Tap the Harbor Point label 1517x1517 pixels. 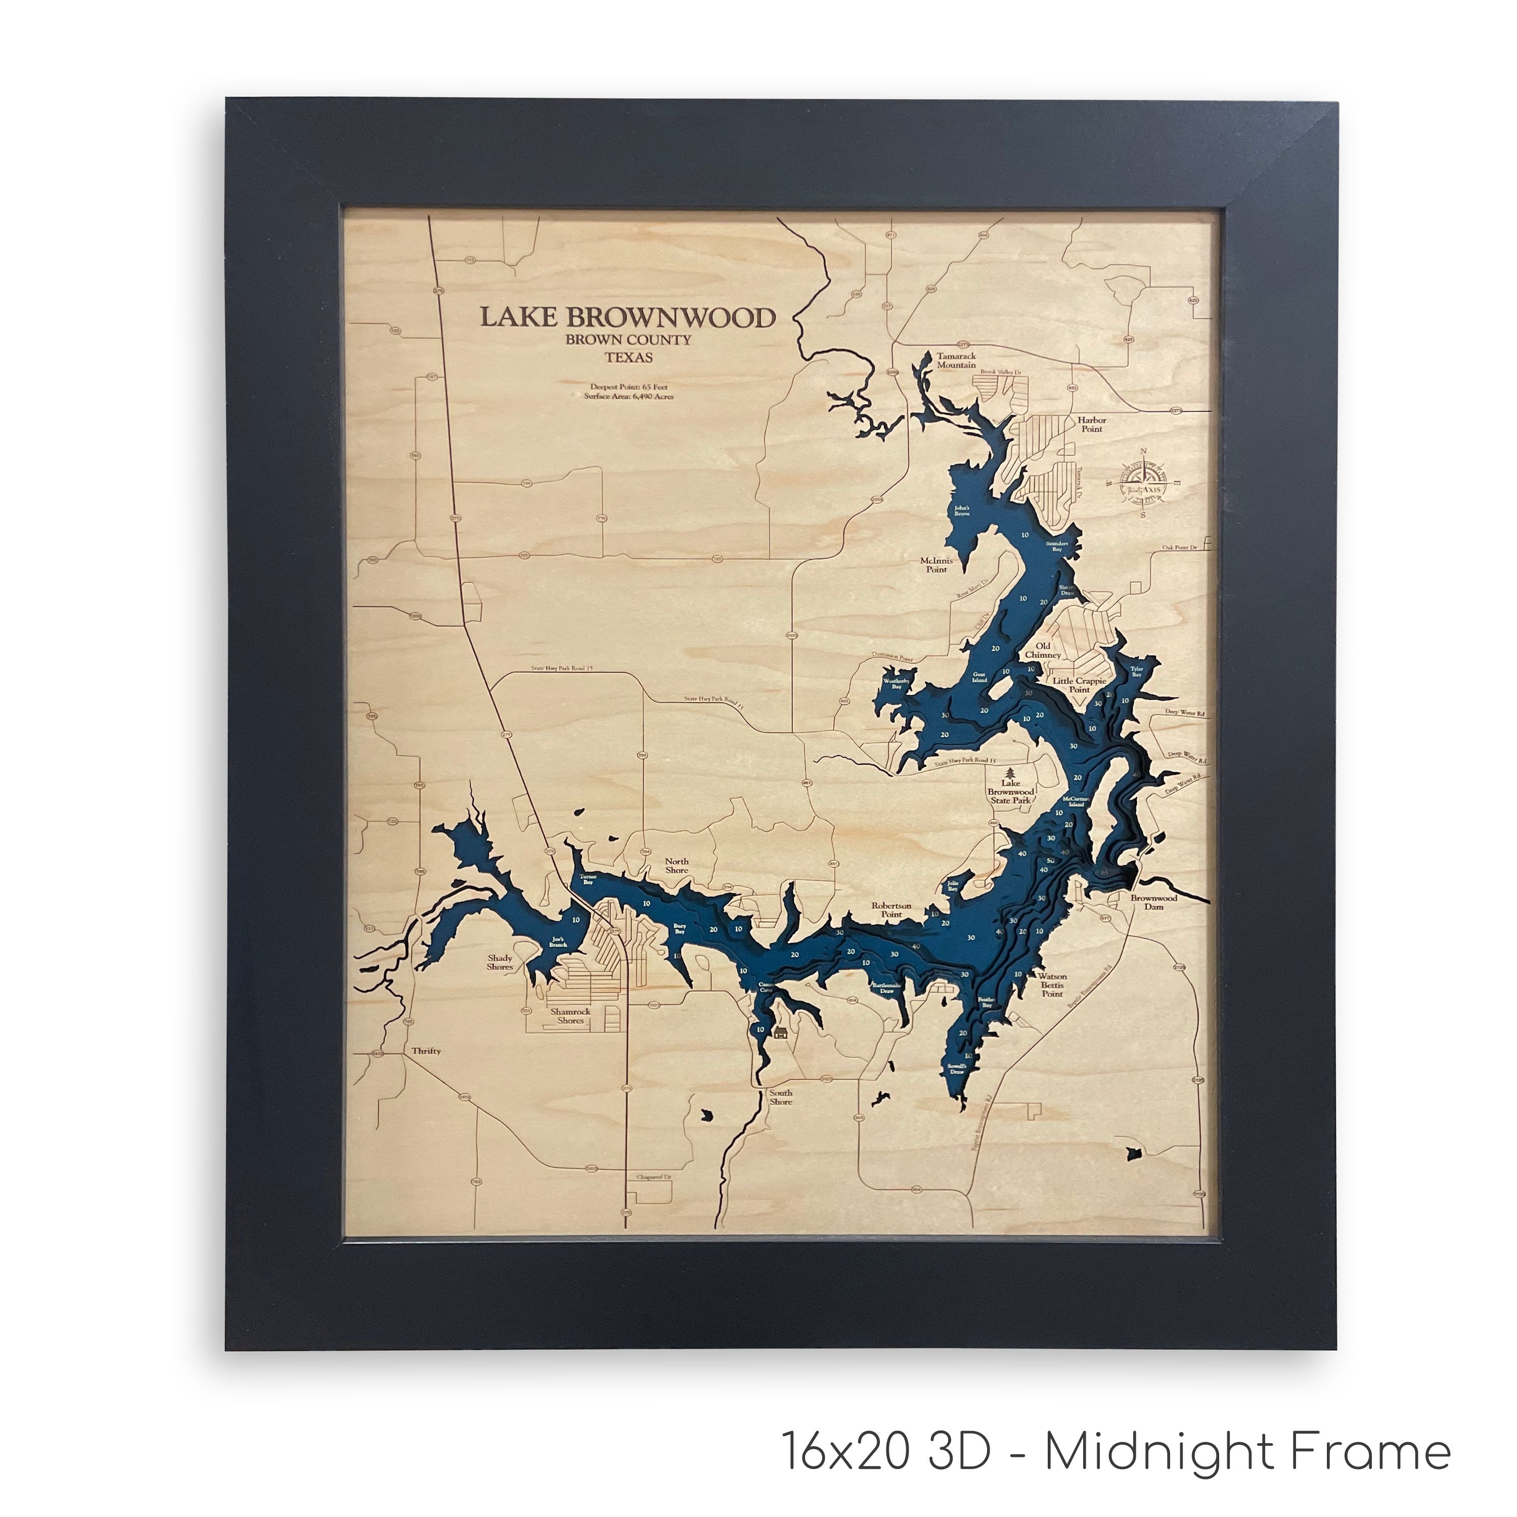click(x=1091, y=424)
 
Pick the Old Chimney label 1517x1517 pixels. click(x=1043, y=650)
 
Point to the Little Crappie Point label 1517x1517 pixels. click(x=1080, y=685)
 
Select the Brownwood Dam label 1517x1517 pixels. click(x=1153, y=902)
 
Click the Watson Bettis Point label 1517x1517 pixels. click(x=1052, y=985)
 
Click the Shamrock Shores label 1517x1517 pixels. click(x=571, y=1016)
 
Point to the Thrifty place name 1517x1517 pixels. click(x=426, y=1051)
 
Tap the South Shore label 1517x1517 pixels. click(x=780, y=1097)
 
